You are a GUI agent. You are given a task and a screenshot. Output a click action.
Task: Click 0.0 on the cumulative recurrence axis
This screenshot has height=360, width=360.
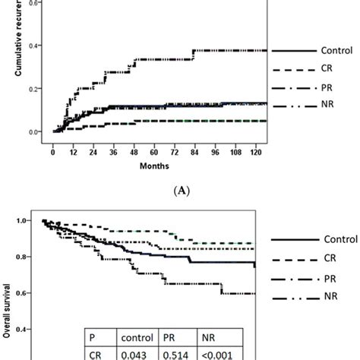pos(37,132)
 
